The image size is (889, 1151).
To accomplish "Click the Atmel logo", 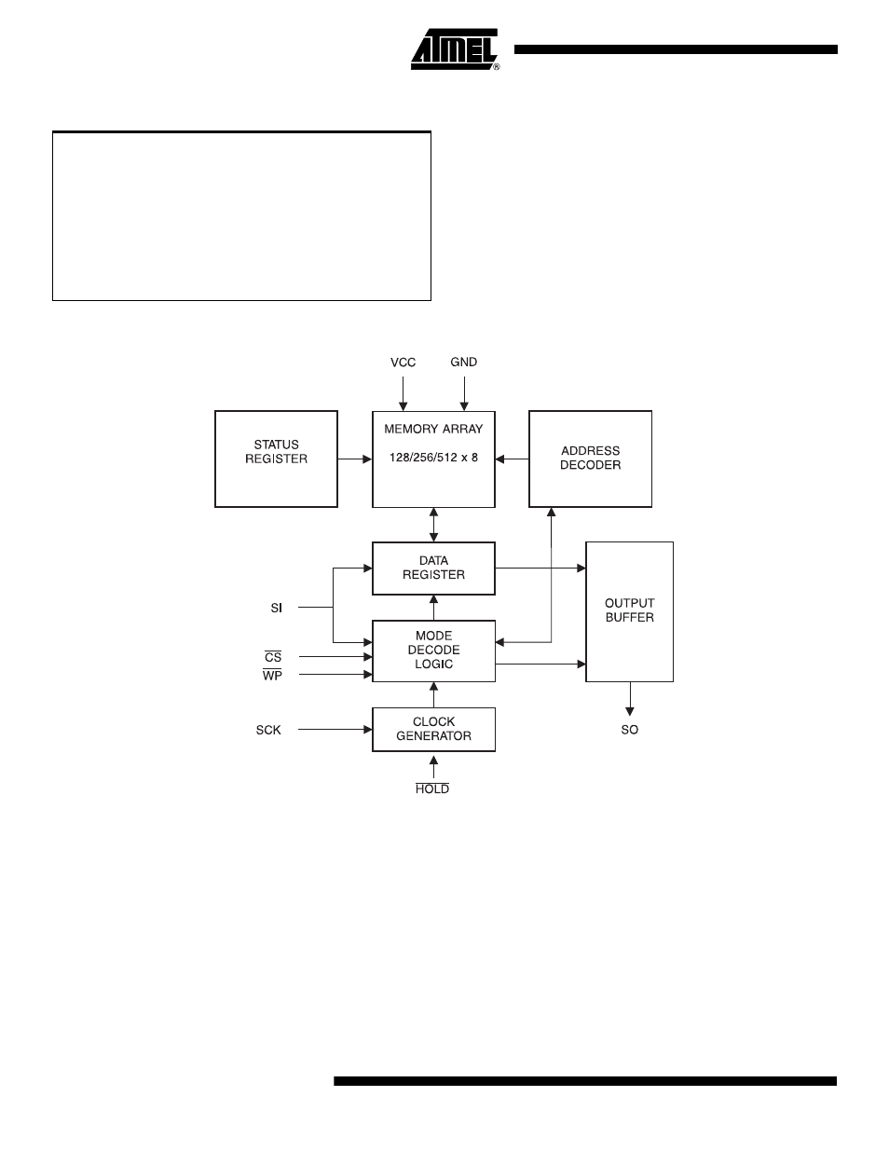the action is pos(455,49).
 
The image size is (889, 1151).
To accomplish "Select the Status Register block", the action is pos(276,459).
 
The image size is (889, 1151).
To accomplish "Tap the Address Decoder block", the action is pos(590,459).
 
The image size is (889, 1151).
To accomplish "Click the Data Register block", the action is pos(433,569).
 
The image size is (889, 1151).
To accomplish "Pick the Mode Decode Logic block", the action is pos(433,651).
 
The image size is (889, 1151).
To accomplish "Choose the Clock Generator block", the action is pos(433,730).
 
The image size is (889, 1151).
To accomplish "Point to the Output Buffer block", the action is pos(630,611).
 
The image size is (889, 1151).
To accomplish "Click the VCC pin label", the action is pos(403,363).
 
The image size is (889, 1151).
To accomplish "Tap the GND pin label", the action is pos(464,362).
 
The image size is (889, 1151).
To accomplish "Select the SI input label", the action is pos(277,608).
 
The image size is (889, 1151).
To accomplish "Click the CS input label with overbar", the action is pos(273,657).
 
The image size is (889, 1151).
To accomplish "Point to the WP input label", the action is pos(272,675).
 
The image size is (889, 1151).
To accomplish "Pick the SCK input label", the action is pos(268,730).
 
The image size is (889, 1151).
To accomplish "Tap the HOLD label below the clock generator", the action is pos(432,788).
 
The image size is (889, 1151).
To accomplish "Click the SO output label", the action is pos(630,730).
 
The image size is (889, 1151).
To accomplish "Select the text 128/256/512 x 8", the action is pos(433,457).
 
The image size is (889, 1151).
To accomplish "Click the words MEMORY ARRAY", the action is pos(433,429).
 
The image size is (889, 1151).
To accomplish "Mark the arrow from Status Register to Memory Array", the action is pos(355,459).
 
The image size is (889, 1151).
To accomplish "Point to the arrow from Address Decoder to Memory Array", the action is pos(512,459).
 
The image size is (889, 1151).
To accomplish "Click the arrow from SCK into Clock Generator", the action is pos(335,730).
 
